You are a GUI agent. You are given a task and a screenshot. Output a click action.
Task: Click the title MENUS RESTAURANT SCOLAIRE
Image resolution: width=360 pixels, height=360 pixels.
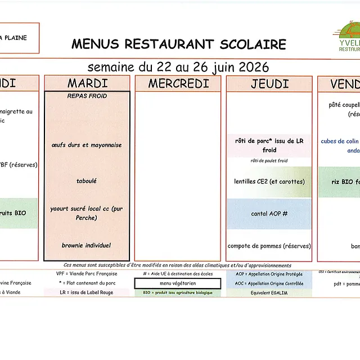tap(178, 44)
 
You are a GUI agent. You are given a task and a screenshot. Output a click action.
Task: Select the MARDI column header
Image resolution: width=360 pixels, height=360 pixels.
tap(87, 84)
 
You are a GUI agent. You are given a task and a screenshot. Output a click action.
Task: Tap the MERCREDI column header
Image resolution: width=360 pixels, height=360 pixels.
tap(178, 84)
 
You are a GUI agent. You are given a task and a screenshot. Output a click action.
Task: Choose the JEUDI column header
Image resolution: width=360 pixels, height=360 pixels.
tap(269, 84)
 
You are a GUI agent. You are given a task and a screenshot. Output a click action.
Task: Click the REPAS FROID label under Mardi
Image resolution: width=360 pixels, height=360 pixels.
tap(87, 96)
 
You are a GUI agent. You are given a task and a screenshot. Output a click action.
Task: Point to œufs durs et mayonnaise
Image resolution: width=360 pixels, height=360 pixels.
tap(87, 145)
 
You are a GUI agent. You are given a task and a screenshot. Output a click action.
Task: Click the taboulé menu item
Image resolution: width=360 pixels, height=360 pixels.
tap(87, 181)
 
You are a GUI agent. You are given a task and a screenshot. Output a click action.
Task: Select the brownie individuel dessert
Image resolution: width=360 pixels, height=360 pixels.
tap(87, 245)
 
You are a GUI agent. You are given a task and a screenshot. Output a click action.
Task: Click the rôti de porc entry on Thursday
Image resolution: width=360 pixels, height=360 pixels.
tap(269, 146)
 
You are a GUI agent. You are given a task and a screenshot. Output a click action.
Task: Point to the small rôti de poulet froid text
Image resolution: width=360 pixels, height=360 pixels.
tap(269, 161)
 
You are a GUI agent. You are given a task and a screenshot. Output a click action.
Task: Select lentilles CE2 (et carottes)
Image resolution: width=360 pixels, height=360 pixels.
tap(269, 182)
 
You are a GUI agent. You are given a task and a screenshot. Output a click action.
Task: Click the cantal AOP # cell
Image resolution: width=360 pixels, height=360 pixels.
tap(269, 214)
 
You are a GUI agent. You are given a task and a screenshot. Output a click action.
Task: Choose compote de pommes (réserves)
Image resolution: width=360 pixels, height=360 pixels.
tap(269, 246)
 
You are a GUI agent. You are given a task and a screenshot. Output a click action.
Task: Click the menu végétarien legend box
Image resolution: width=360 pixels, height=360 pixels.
tap(178, 283)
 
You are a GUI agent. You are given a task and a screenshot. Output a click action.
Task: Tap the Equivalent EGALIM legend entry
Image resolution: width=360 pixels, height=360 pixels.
tap(269, 292)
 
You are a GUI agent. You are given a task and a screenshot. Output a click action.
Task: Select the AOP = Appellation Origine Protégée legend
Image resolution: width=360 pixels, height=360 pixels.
tap(269, 274)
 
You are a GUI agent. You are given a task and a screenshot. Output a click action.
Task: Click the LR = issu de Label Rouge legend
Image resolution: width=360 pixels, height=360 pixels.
tap(87, 292)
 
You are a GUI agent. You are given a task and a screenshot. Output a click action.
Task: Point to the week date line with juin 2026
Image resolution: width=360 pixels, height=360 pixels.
tap(178, 67)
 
